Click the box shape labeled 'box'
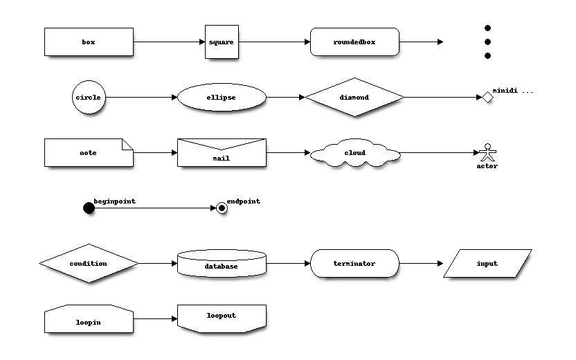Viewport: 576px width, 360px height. tap(89, 42)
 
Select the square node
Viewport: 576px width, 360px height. tap(222, 42)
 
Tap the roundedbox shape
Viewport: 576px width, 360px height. tap(354, 42)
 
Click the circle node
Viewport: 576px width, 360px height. tap(89, 97)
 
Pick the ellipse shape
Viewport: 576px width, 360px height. tap(222, 97)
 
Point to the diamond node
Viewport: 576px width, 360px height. tap(354, 97)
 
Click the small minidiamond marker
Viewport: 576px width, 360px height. tap(487, 97)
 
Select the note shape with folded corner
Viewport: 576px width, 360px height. tap(89, 152)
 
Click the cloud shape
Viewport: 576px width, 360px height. tap(354, 153)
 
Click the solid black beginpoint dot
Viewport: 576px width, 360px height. tap(89, 208)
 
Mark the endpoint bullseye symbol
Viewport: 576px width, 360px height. tap(222, 208)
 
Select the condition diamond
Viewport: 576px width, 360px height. tap(89, 263)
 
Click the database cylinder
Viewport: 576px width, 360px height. tap(222, 263)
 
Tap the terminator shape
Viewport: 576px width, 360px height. tap(354, 263)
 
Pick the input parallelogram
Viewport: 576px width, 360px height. tap(487, 263)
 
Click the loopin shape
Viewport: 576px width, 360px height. tap(89, 318)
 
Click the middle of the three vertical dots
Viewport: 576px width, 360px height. tap(487, 42)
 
